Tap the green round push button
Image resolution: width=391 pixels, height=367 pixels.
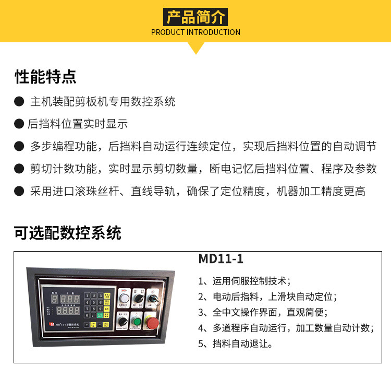(x=136, y=321)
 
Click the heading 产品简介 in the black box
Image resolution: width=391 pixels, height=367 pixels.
(x=195, y=17)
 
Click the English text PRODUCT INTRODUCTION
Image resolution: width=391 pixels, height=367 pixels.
(x=195, y=32)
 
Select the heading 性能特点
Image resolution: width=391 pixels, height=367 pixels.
(x=45, y=77)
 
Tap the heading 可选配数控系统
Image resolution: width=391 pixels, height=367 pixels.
(x=68, y=233)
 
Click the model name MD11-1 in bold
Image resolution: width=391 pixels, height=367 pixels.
(x=221, y=259)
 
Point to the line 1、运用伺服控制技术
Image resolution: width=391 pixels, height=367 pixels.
(x=245, y=281)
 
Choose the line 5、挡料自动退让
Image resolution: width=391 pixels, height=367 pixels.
(x=236, y=344)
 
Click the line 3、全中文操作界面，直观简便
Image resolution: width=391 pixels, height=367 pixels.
(x=262, y=313)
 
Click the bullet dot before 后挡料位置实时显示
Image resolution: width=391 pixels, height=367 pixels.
(x=19, y=124)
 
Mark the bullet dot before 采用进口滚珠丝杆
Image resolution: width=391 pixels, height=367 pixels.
(x=19, y=192)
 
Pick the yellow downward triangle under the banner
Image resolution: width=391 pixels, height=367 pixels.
(x=195, y=48)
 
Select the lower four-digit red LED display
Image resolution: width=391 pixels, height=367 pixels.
(x=68, y=310)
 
